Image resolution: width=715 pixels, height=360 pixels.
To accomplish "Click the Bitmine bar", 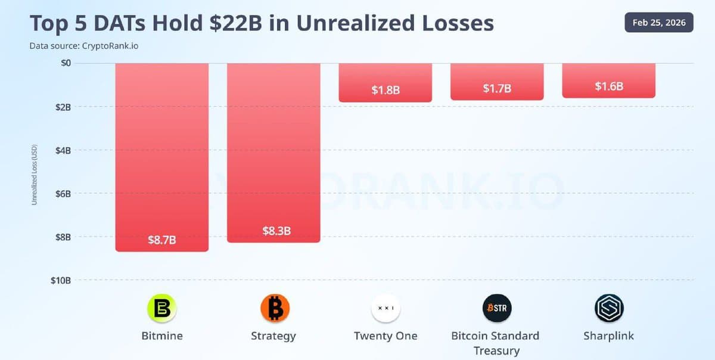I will pyautogui.click(x=161, y=155).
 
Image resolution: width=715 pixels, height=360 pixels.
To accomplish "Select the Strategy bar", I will pyautogui.click(x=273, y=149).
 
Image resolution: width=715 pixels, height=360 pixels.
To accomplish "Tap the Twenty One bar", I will pyautogui.click(x=386, y=82).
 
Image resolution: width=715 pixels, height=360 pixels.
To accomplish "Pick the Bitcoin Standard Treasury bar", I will pyautogui.click(x=497, y=80).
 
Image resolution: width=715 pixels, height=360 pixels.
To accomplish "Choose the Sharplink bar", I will pyautogui.click(x=608, y=79).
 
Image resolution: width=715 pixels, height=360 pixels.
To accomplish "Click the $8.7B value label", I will pyautogui.click(x=161, y=240).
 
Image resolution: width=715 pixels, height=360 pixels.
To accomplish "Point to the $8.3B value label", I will pyautogui.click(x=276, y=231).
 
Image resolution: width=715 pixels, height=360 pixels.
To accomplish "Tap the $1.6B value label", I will pyautogui.click(x=609, y=86).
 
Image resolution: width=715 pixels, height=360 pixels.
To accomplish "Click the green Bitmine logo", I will pyautogui.click(x=162, y=308).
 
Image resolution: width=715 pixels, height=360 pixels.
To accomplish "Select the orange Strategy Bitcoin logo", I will pyautogui.click(x=275, y=308).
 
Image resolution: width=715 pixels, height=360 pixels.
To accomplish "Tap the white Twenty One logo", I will pyautogui.click(x=386, y=308).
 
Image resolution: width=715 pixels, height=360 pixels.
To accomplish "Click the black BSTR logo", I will pyautogui.click(x=497, y=308).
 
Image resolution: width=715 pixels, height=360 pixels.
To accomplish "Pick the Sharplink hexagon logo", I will pyautogui.click(x=608, y=308).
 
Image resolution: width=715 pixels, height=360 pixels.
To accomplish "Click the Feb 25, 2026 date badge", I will pyautogui.click(x=658, y=23).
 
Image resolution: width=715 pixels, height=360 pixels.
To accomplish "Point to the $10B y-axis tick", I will pyautogui.click(x=60, y=280).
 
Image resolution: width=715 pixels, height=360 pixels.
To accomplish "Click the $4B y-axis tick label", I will pyautogui.click(x=63, y=150).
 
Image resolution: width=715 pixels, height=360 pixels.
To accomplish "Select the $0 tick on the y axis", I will pyautogui.click(x=66, y=63).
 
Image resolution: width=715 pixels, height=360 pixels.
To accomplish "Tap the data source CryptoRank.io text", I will pyautogui.click(x=83, y=45).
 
